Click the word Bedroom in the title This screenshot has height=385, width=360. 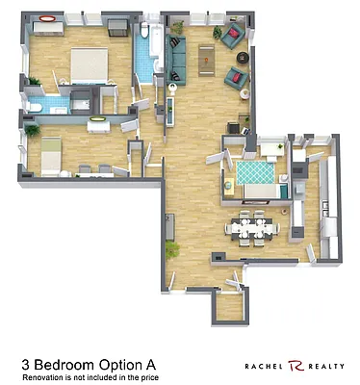[x=72, y=365]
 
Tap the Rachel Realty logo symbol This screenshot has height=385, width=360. [x=295, y=366]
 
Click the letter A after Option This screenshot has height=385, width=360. [x=150, y=365]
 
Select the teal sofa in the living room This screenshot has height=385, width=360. [x=176, y=60]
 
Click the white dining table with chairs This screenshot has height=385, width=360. [x=253, y=228]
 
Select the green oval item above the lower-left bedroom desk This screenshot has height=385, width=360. [x=97, y=119]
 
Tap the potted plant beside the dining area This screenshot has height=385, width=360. [x=173, y=248]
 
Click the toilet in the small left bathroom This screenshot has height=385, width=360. [x=37, y=106]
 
